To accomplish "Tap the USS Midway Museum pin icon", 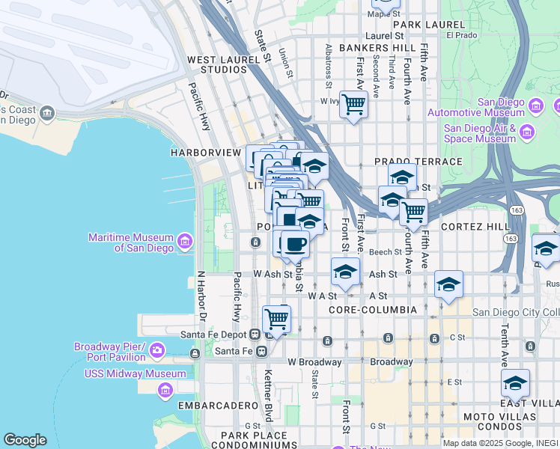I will coord(165,389).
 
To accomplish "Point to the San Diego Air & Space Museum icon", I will coord(526,132).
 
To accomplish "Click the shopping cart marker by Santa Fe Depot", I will coord(276,319).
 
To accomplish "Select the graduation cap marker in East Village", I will coord(514,383).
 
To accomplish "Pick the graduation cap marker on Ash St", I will coord(344,272).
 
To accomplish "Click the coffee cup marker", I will coord(295,243).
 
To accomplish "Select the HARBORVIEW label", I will coord(205,152).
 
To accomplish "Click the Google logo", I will coord(25,440).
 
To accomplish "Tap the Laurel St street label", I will coord(384,35).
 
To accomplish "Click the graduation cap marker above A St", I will coord(448,284).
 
